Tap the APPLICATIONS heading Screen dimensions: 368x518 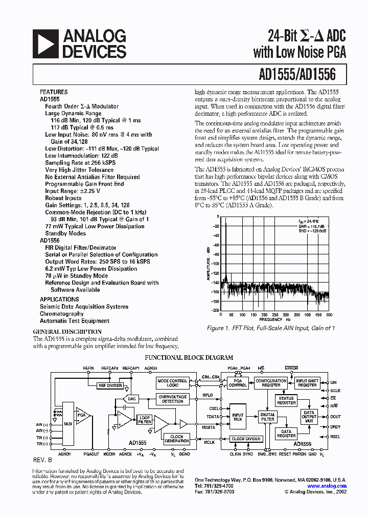(59, 299)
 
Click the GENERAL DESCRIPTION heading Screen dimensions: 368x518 (67, 332)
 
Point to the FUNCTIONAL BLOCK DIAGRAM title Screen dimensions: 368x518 (189, 358)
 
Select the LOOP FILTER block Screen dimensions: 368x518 (145, 419)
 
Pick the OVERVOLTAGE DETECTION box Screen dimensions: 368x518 (172, 399)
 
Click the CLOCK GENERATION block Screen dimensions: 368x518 (176, 439)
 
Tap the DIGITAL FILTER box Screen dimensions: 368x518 (267, 417)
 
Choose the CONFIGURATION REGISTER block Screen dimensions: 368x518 (271, 383)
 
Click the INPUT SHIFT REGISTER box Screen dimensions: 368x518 (307, 383)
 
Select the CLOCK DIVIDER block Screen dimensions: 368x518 (246, 439)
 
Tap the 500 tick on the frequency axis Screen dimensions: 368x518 (329, 314)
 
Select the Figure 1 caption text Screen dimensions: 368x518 (270, 328)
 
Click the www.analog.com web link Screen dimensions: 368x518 (327, 486)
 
